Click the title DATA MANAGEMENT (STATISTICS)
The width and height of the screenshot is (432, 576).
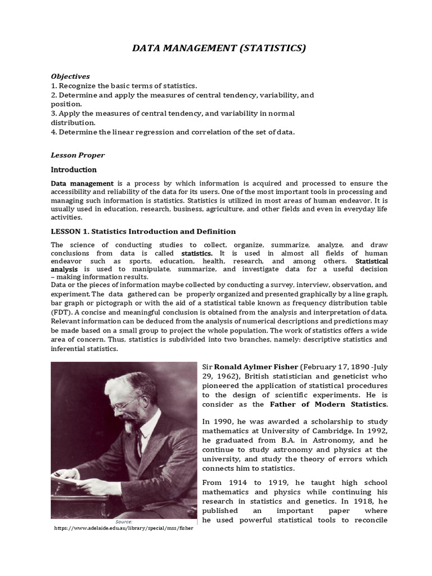tap(219, 49)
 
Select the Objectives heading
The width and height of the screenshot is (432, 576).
tap(70, 76)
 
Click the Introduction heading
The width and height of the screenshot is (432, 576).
tap(74, 169)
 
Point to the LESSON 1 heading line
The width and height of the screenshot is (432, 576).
tap(143, 231)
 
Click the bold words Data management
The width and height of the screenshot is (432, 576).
tap(82, 183)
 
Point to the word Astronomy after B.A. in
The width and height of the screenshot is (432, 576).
tap(313, 440)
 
